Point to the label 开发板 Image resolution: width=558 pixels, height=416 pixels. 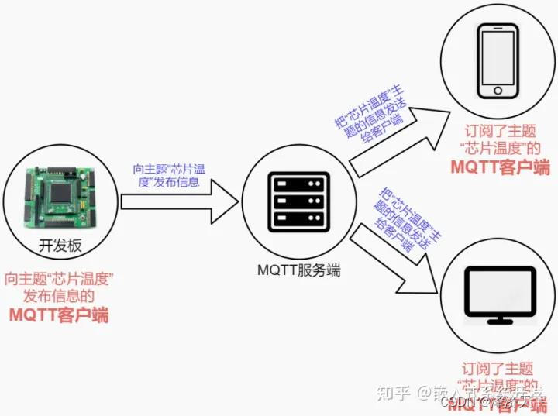(60, 246)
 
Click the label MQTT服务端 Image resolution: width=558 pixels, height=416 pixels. (298, 271)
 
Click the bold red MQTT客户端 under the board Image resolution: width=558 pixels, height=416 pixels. (59, 315)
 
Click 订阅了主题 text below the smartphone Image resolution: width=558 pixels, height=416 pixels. (500, 131)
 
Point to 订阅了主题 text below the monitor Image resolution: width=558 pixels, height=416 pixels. (498, 369)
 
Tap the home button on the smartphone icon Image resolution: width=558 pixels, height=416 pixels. (498, 90)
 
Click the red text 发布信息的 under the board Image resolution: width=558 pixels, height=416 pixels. (59, 296)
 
